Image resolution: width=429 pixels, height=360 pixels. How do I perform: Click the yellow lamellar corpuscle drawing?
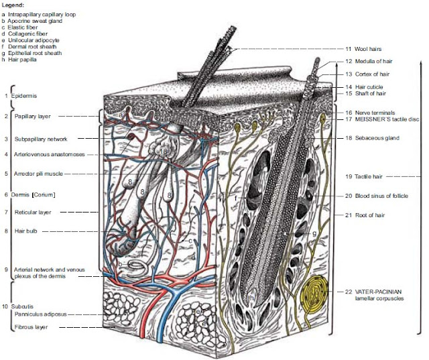(315, 293)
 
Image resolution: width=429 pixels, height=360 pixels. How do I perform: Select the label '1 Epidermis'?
(19, 96)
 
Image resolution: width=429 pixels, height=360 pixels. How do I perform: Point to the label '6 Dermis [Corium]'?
(29, 194)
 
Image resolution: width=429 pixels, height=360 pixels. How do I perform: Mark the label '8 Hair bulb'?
(25, 231)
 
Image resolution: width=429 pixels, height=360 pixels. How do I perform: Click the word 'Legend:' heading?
(13, 5)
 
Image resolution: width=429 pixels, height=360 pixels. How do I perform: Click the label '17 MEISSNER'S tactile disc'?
(382, 119)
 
